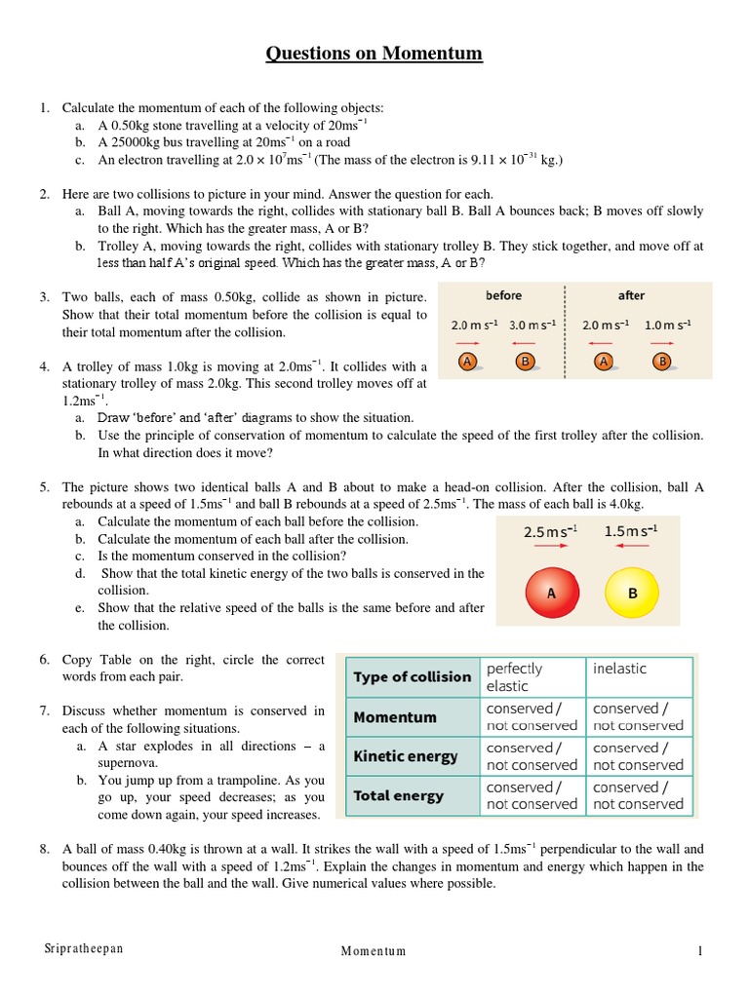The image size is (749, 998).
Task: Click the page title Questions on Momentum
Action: (374, 54)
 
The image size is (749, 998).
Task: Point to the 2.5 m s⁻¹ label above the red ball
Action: (549, 532)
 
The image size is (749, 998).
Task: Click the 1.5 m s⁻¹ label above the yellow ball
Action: (631, 532)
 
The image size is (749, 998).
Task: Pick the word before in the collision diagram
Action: (503, 295)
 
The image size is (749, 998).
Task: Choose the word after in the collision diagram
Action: (631, 295)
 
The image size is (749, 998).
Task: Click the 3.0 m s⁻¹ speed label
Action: (532, 325)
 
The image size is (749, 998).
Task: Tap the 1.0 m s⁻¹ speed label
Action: (667, 325)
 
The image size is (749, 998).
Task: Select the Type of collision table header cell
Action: (412, 676)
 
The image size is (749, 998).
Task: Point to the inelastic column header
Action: (619, 669)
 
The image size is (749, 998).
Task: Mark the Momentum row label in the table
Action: (395, 717)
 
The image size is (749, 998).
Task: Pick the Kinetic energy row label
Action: (405, 756)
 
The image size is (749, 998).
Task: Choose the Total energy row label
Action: (398, 795)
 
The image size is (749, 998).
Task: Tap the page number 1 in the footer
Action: (700, 951)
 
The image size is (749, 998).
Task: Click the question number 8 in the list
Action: (45, 849)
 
